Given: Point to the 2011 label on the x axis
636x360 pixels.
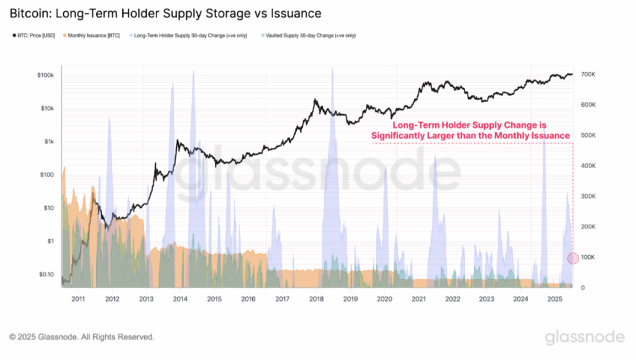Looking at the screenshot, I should click(x=78, y=299).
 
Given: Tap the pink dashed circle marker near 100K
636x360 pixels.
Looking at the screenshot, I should click(x=573, y=258).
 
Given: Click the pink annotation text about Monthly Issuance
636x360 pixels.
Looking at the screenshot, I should click(x=470, y=130).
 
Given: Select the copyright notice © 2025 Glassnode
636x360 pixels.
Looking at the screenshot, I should click(x=81, y=337).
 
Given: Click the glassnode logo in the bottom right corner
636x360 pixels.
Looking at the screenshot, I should click(x=584, y=337).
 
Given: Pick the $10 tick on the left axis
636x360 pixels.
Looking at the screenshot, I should click(x=47, y=208).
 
